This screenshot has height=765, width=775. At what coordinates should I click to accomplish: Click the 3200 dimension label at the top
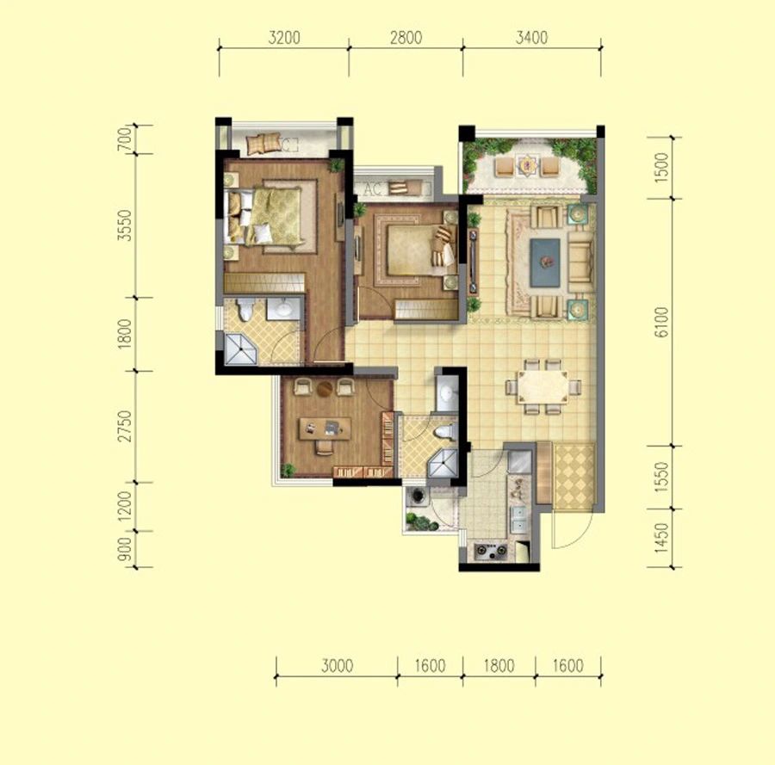pyautogui.click(x=284, y=38)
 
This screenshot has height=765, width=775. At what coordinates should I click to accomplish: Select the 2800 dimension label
pyautogui.click(x=406, y=38)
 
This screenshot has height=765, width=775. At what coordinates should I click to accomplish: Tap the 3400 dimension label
pyautogui.click(x=532, y=38)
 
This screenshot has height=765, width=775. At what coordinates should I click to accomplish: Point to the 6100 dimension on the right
pyautogui.click(x=660, y=322)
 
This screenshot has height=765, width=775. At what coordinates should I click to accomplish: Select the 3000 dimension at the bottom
pyautogui.click(x=337, y=666)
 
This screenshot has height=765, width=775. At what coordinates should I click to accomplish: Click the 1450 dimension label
pyautogui.click(x=660, y=538)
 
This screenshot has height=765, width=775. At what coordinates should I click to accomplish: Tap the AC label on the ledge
pyautogui.click(x=373, y=188)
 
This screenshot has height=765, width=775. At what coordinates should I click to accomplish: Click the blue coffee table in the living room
pyautogui.click(x=545, y=262)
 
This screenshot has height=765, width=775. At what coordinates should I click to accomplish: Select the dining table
pyautogui.click(x=542, y=387)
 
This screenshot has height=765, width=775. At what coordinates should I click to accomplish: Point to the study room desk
pyautogui.click(x=325, y=429)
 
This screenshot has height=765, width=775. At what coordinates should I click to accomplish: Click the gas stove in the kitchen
pyautogui.click(x=491, y=551)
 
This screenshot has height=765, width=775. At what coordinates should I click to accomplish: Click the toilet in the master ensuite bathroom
pyautogui.click(x=245, y=309)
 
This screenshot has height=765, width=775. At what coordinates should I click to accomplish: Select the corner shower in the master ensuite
pyautogui.click(x=241, y=349)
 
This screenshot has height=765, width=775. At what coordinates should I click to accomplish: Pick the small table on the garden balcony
pyautogui.click(x=526, y=165)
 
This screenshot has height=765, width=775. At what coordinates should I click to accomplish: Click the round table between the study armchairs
pyautogui.click(x=325, y=389)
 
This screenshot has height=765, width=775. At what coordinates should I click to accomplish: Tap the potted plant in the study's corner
pyautogui.click(x=288, y=470)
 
